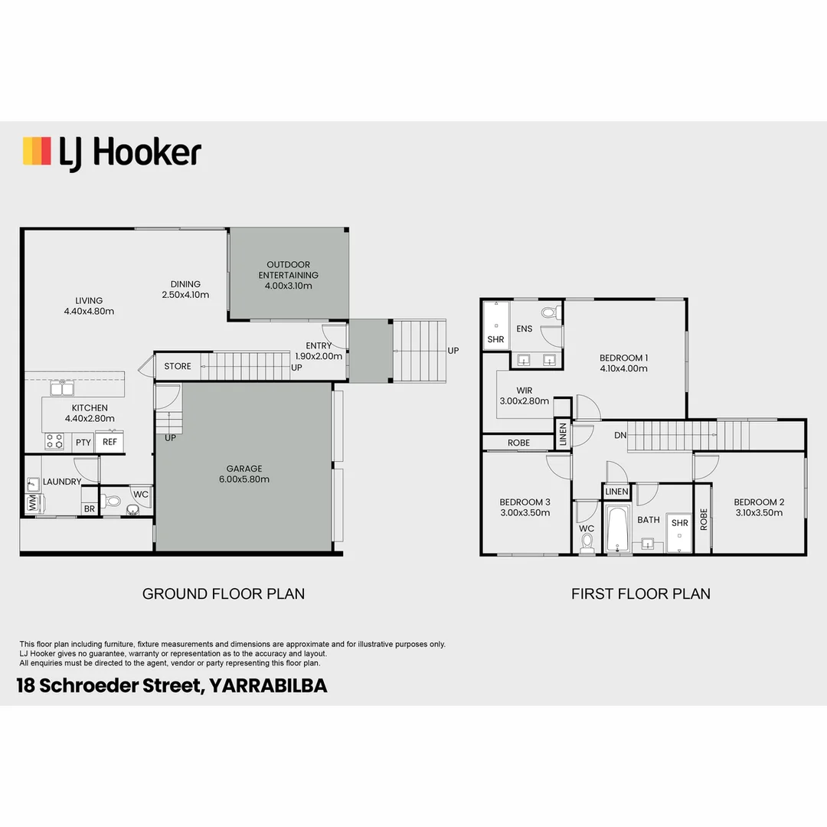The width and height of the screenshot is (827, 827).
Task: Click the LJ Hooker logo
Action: coord(112,152)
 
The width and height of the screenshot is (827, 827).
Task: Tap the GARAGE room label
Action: coord(244,469)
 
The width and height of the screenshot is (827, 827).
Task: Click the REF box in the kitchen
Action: coord(110,442)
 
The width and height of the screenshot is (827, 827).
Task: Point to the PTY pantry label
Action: coord(83,443)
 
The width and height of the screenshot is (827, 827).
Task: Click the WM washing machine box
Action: coord(33,504)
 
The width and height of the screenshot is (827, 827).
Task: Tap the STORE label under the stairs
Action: coord(178,366)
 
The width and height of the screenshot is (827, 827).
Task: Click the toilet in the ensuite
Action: coord(549,312)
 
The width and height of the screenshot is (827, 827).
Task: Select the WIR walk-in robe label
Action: coord(525,391)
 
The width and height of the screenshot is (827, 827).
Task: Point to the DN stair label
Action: coord(620,435)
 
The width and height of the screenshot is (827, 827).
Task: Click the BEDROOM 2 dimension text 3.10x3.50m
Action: coord(760,513)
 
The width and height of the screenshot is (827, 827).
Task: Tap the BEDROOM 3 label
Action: coord(525,502)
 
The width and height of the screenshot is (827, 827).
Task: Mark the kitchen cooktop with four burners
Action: coord(55,441)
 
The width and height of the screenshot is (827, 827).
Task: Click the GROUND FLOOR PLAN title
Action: coord(224,593)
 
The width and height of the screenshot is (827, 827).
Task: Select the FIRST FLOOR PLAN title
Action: coord(641,593)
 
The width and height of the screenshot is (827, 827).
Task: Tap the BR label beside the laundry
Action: coord(90,508)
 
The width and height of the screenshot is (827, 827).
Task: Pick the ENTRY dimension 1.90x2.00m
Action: coord(319,356)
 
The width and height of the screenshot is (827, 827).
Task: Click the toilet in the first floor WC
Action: coord(587,542)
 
